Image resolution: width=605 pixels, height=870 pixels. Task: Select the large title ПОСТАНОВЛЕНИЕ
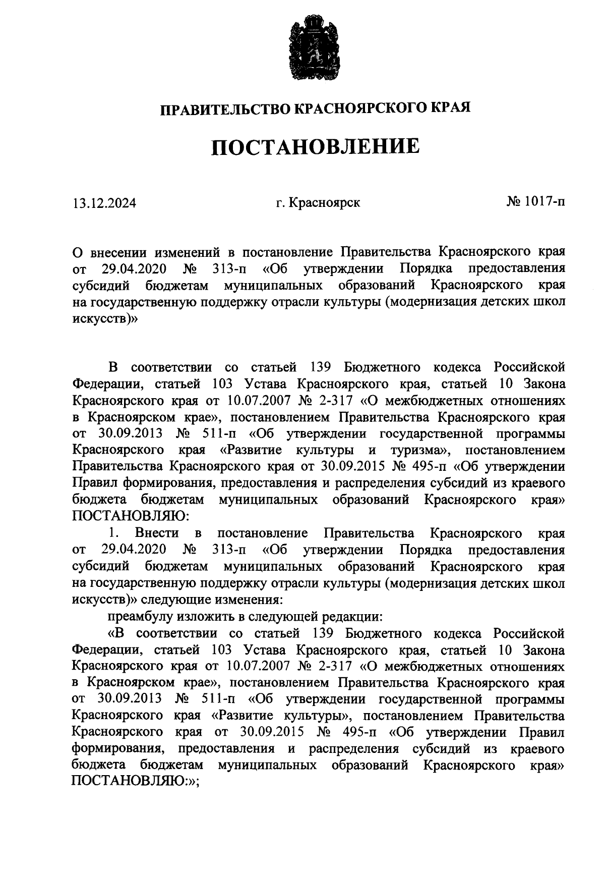click(315, 147)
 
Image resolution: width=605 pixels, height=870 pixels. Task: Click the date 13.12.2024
click(104, 203)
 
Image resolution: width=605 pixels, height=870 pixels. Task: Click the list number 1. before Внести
click(113, 533)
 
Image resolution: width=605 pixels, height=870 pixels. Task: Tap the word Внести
click(157, 533)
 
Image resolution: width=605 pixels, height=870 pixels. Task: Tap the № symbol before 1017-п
click(514, 202)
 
